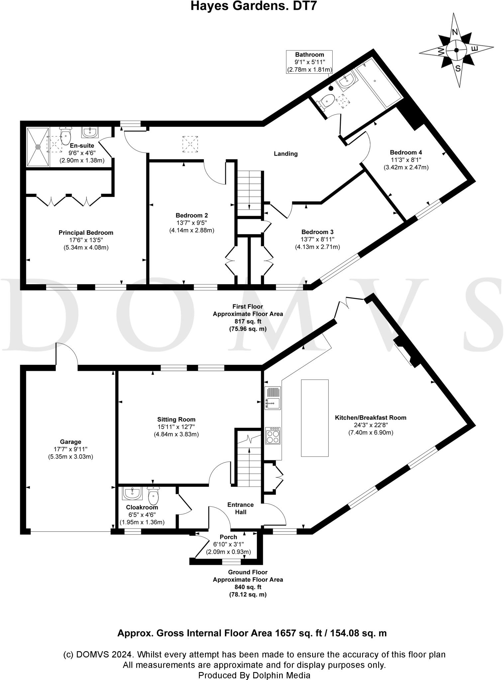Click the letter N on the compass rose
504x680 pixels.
[x=455, y=32]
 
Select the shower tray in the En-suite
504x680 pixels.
[x=38, y=147]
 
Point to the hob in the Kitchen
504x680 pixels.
[x=273, y=435]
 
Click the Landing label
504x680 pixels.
[x=286, y=154]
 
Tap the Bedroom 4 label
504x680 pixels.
[x=406, y=152]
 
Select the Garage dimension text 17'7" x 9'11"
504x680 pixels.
[x=70, y=449]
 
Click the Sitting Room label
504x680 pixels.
[x=176, y=419]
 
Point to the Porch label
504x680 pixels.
[x=229, y=537]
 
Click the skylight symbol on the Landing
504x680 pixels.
[x=190, y=144]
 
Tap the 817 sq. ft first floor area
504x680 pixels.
[x=248, y=321]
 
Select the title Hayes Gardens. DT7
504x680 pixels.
[x=252, y=6]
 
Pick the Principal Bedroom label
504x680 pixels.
[x=86, y=233]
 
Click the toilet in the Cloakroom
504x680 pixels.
[x=153, y=495]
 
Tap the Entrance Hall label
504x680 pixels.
[x=241, y=508]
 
